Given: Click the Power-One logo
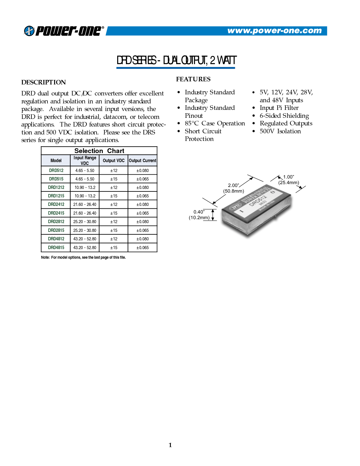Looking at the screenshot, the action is pos(64,31).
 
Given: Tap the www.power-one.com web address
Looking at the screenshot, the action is pos(274,31).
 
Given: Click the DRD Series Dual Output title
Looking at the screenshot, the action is pos(176,60).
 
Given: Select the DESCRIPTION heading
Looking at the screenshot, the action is pos(43,82).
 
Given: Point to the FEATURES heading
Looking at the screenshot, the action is pos(193,79).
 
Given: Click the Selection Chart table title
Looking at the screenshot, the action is pos(99,151).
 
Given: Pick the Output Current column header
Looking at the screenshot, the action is pos(143,160).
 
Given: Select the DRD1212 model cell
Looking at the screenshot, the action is pos(56,187).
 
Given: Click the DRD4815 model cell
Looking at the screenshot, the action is pos(56,247).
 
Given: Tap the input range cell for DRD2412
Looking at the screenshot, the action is pos(85,204).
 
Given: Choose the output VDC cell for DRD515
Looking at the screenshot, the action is pos(114,179).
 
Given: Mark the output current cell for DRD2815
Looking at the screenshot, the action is pos(143,230).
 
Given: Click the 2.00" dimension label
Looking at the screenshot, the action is pos(233,185).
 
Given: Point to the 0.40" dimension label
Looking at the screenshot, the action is pos(199,212).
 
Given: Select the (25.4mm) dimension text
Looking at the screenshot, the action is pos(289,182).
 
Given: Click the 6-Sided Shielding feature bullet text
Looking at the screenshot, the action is pos(284,116).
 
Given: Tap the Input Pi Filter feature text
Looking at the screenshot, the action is pos(279,108).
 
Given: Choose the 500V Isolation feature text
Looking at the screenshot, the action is pos(280,131).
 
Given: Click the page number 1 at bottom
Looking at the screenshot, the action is pos(170,445).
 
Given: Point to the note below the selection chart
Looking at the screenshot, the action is pos(83,257).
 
